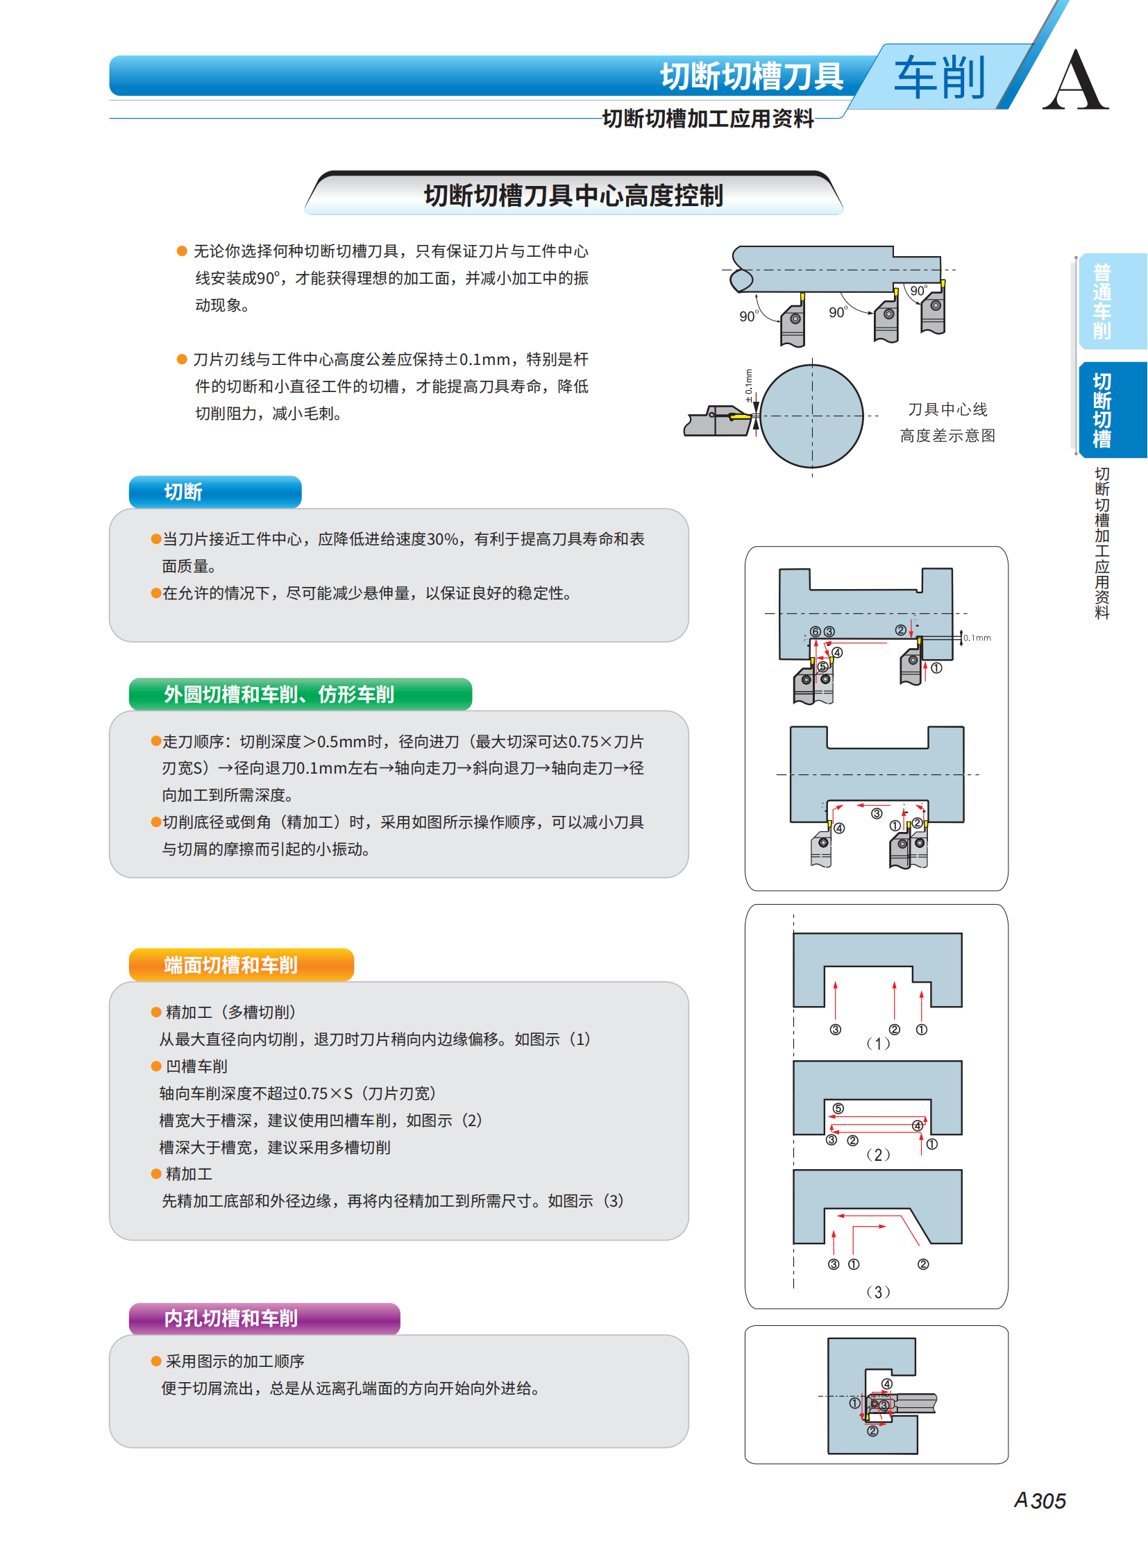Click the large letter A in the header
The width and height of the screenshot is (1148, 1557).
tap(1075, 80)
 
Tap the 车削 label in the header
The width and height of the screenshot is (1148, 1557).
tap(940, 78)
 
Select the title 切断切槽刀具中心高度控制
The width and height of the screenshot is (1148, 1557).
tap(573, 195)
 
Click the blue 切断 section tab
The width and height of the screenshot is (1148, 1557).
tap(214, 492)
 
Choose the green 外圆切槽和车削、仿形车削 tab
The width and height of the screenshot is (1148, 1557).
tap(301, 694)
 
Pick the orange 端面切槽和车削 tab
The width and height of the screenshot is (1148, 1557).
tap(241, 964)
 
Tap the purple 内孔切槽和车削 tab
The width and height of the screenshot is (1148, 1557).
tap(264, 1318)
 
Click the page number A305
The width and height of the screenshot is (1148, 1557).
tap(1040, 1501)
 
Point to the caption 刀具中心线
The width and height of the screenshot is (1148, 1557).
tap(948, 409)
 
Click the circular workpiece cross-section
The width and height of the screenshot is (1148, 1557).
tap(811, 416)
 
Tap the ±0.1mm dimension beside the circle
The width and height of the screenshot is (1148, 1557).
tap(748, 386)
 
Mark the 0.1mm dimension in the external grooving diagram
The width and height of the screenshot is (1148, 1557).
tap(977, 638)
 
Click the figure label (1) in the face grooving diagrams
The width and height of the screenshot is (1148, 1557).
tap(879, 1044)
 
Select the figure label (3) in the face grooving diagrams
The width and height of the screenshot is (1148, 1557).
tap(879, 1292)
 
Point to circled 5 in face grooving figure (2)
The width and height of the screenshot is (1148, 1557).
tap(838, 1109)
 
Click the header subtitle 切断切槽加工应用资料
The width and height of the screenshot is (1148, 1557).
tap(708, 119)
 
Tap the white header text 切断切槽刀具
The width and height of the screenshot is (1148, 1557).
tap(752, 76)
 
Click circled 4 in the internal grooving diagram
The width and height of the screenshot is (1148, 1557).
tap(887, 1384)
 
